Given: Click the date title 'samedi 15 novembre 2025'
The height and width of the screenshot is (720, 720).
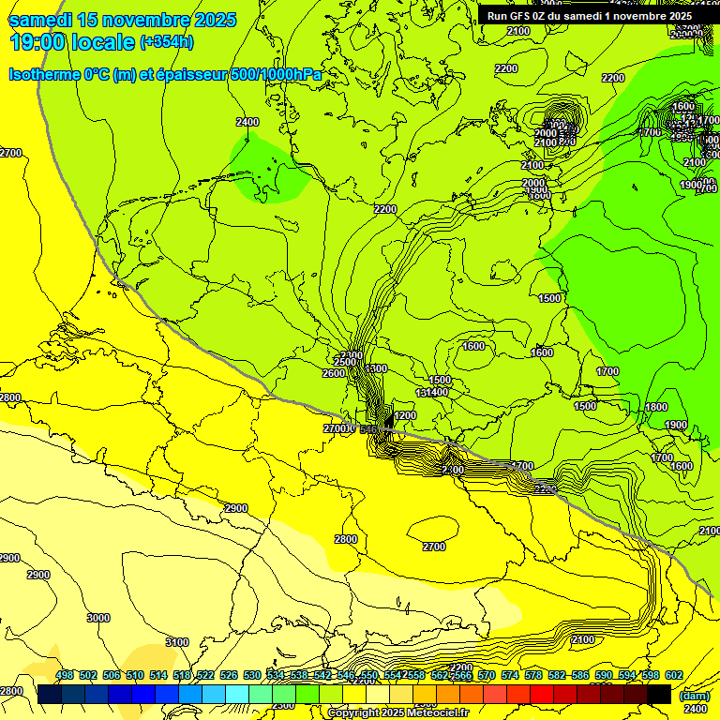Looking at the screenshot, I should coord(122,20).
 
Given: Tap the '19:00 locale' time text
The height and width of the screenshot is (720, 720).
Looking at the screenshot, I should coord(71,41).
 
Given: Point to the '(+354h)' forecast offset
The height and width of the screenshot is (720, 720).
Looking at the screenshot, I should coord(167,42).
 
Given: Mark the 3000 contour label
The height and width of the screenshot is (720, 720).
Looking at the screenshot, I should coord(97,618).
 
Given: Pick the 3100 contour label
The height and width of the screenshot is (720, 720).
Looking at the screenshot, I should coord(176,642).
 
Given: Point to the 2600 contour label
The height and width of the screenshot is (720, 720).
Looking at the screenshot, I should coord(333,373).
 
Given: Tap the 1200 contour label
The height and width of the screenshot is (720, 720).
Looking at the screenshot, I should coord(405,415).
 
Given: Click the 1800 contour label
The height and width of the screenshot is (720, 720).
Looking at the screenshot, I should coord(656,407).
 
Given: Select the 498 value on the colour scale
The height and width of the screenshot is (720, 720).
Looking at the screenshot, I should coord(65,676).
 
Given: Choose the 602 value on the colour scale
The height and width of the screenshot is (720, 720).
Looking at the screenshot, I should coord(674,676).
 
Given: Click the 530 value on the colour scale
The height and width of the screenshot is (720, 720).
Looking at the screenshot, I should coord(252,676).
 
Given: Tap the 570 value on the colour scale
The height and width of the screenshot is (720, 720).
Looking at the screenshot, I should coord(487,676).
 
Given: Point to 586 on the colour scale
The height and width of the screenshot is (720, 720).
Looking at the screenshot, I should coord(580,676).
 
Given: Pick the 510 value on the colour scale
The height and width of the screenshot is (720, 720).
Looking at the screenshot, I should coord(135,676).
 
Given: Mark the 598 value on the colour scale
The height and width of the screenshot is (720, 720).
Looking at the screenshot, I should coord(651,676).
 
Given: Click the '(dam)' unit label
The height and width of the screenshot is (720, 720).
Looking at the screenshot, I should coord(696,697).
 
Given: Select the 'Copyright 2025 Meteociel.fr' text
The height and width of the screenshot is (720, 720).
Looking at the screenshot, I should coord(410,713).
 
